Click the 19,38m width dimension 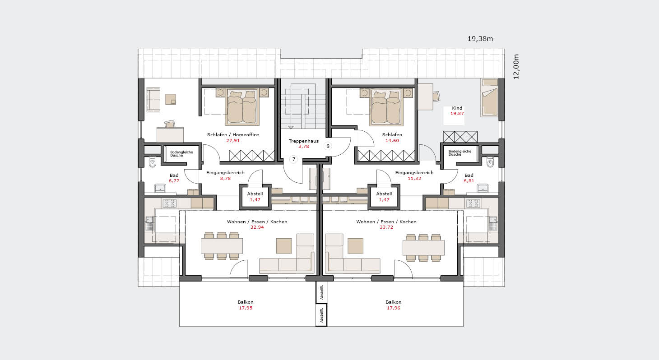pos(480,38)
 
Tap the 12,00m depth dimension pos(516,67)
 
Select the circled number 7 pos(293,159)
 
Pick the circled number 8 pos(328,146)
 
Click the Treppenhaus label pos(304,141)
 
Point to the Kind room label pos(457,108)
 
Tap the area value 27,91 pos(233,141)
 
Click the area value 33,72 pos(386,227)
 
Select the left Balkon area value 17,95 pos(246,308)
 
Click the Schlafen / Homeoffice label pos(233,135)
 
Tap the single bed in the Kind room pos(490,97)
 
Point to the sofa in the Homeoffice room pos(153,99)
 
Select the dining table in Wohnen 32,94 pos(222,246)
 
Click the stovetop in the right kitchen pos(473,203)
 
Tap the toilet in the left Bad pos(153,162)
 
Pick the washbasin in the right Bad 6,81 pos(483,189)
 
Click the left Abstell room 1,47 pos(255,197)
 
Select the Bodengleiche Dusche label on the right pos(460,152)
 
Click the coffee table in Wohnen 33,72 pos(355,246)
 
